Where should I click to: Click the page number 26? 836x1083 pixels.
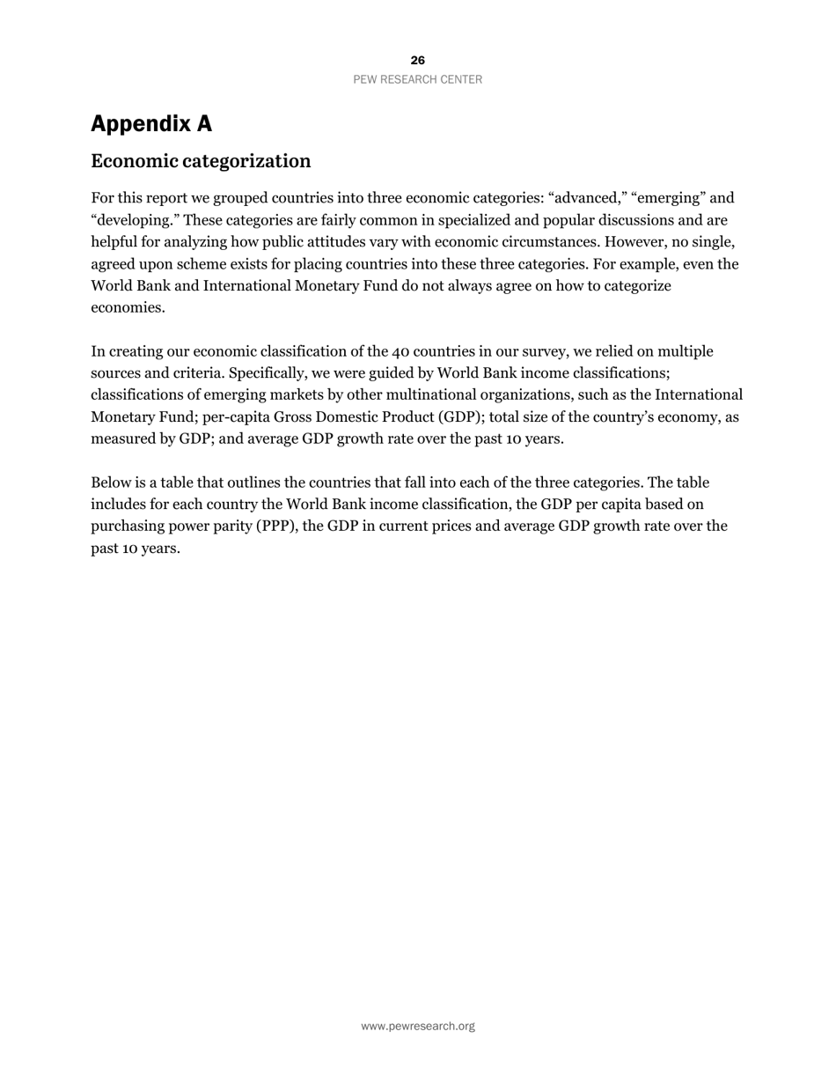pyautogui.click(x=417, y=61)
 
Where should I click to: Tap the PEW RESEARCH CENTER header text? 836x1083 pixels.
pyautogui.click(x=417, y=79)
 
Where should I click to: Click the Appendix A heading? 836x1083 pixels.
pyautogui.click(x=151, y=124)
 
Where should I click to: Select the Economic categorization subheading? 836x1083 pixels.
pyautogui.click(x=201, y=161)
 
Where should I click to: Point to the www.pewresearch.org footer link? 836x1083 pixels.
pyautogui.click(x=417, y=1026)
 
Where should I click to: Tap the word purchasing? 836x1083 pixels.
pyautogui.click(x=127, y=527)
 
